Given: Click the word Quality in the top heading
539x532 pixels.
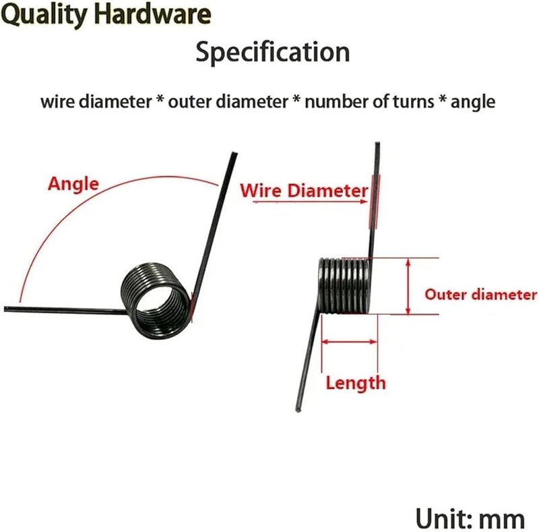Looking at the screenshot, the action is tap(44, 16).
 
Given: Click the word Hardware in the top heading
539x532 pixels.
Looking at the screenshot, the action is tap(153, 13).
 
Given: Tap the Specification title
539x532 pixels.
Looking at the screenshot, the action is tap(273, 53).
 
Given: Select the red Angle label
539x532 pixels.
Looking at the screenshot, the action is tap(73, 185).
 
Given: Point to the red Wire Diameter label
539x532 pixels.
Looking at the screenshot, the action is tap(304, 190).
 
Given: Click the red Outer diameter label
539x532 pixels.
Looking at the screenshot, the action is tap(480, 295).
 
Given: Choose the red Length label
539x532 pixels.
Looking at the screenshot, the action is tap(356, 384).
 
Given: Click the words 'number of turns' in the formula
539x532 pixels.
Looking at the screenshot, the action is tap(369, 102).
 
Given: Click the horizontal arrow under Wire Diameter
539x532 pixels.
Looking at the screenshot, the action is tap(310, 202).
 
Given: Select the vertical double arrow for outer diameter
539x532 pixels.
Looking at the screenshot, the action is tap(408, 287).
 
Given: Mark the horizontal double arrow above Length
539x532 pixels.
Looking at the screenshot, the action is tap(349, 342).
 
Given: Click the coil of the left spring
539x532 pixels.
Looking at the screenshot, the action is tap(156, 300).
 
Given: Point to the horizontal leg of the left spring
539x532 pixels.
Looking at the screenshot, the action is tap(65, 310).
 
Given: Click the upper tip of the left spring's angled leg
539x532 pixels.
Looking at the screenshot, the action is tap(234, 154).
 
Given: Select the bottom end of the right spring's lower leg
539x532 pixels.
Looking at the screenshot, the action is tap(298, 409).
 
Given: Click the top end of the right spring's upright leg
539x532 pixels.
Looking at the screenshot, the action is tap(377, 144).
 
